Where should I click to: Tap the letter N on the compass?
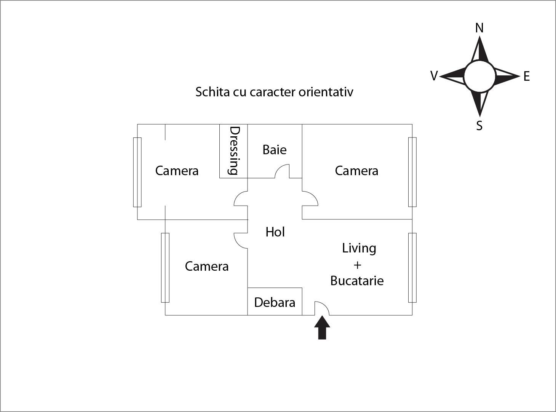pos(479,28)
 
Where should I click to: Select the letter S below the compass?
pos(479,125)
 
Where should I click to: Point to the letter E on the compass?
pos(527,77)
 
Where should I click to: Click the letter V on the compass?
pos(434,76)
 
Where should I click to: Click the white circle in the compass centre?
pos(479,76)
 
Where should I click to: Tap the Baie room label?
pos(274,150)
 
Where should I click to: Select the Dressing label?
pos(234,150)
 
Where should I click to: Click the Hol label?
pos(275,232)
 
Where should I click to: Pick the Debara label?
pos(275,302)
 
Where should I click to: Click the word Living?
pos(359,248)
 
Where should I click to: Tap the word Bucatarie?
pos(357,281)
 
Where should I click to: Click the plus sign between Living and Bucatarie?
pos(357,265)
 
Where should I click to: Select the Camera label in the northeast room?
pos(356,171)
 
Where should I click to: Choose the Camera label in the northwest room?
pos(177,171)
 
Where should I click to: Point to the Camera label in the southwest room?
pos(206,266)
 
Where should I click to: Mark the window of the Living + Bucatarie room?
pos(412,267)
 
